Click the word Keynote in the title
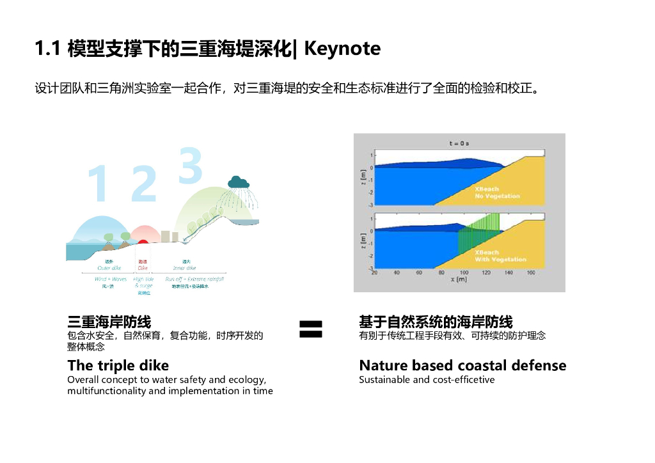coord(342,49)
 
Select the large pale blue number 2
coord(143,184)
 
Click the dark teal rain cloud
coord(238,182)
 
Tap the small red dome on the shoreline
coord(142,241)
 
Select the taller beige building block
coord(174,236)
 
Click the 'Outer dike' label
coord(109,268)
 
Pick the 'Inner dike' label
coord(185,268)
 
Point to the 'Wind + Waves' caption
coord(111,279)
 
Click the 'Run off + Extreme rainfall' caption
coord(194,279)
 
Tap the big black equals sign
coord(311,329)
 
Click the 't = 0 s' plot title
coord(459,143)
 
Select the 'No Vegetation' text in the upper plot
coord(497,196)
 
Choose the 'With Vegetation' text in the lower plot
coord(500,260)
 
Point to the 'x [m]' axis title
coord(458,280)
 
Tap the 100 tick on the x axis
coord(464,273)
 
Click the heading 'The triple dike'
coord(118,366)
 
